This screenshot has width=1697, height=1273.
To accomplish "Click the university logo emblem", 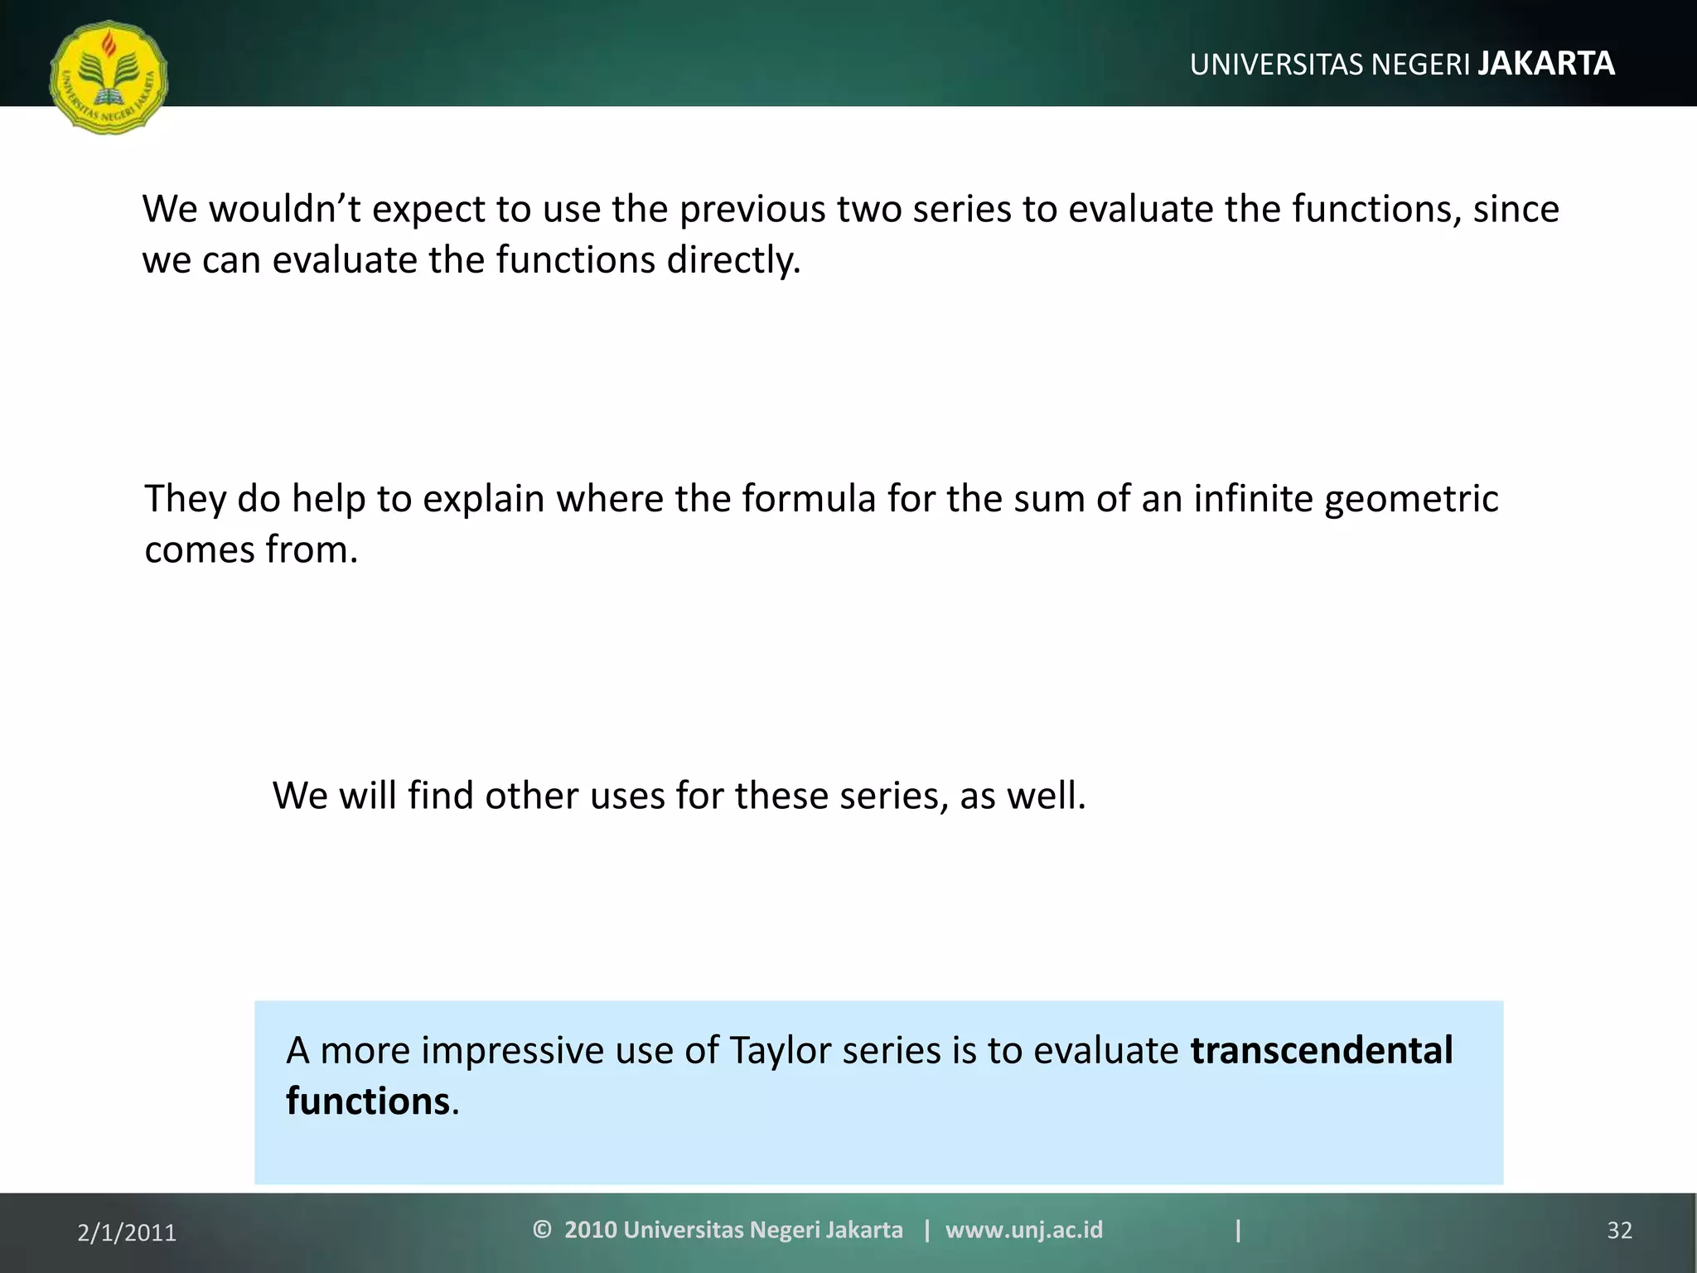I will [x=109, y=78].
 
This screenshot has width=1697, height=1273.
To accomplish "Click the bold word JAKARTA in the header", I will [x=1546, y=64].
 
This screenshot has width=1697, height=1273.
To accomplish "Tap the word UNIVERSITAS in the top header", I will [x=1277, y=65].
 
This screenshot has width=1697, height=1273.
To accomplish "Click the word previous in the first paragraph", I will [x=752, y=209].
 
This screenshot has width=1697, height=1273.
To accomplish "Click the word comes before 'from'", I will [x=199, y=550].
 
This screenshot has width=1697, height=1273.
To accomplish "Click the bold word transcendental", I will [x=1322, y=1050].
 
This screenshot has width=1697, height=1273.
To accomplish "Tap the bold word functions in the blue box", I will [x=367, y=1101].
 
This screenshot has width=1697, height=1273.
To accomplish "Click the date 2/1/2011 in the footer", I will [x=127, y=1233].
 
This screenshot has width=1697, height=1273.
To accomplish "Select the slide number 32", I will [x=1619, y=1231].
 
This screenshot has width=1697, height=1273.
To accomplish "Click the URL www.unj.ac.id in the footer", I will [x=1024, y=1230].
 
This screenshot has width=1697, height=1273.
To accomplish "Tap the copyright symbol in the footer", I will [x=542, y=1229].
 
